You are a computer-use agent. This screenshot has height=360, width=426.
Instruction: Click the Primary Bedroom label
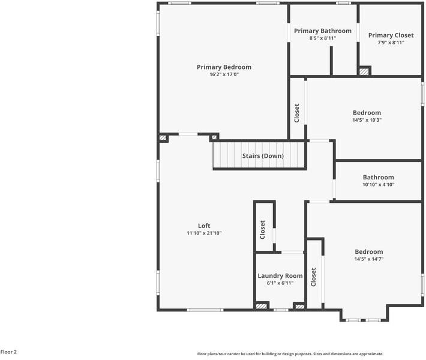coord(224,67)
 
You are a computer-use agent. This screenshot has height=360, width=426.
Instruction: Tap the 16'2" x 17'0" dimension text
coord(224,75)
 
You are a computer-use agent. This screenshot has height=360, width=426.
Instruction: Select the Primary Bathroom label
coord(322,31)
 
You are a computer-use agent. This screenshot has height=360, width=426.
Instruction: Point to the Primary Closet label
coord(391,35)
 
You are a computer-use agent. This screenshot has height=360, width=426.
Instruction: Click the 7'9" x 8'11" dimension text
coord(391,43)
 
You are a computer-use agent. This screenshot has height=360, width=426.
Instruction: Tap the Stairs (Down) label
coord(263,156)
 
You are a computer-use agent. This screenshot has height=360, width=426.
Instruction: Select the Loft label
coord(204,226)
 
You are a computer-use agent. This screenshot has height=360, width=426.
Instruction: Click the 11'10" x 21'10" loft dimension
coord(204,233)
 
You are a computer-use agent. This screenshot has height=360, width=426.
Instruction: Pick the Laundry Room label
coord(280,276)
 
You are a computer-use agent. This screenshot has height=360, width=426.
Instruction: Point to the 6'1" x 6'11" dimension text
coord(280,283)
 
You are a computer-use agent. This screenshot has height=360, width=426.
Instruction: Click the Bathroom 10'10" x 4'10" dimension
coord(378,185)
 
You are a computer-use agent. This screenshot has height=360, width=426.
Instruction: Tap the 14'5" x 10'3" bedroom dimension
coord(367,120)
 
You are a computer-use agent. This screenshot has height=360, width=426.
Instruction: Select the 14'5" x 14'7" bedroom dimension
coord(368,259)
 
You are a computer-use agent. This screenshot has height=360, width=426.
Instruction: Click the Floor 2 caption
coord(9,352)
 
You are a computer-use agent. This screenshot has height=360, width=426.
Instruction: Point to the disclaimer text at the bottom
coord(290,354)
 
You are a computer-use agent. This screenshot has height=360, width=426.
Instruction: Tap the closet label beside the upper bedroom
coord(297,113)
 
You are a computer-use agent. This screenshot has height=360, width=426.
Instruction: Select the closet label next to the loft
coord(263,230)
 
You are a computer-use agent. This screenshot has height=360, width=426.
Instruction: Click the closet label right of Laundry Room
coord(314,277)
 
